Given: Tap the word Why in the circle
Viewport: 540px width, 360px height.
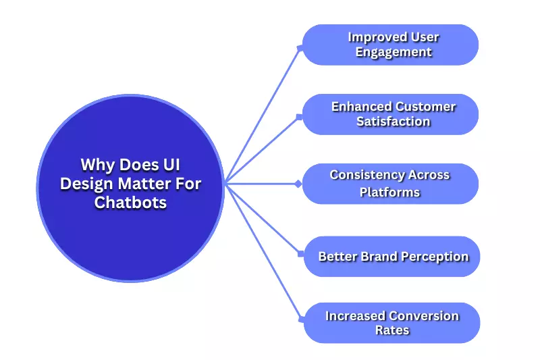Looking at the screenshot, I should click(97, 165).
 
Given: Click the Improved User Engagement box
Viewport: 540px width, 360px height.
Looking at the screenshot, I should click(389, 45).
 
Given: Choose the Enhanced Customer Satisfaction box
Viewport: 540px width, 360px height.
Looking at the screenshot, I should click(389, 114).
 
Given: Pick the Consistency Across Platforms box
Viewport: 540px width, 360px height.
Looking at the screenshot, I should click(389, 184).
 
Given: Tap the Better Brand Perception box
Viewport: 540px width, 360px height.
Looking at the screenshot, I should click(391, 257).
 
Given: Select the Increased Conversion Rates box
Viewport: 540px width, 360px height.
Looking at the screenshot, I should click(391, 323).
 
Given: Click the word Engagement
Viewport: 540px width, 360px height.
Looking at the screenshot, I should click(394, 53).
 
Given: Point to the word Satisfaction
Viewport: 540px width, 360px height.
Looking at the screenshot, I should click(394, 122).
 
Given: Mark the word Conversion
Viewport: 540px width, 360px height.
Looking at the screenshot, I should click(423, 315).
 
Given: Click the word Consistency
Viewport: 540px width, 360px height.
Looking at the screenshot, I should click(362, 175).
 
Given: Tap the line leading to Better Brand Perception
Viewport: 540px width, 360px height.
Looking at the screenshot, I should click(263, 219).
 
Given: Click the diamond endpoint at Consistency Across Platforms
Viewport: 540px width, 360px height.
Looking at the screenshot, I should click(298, 184).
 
